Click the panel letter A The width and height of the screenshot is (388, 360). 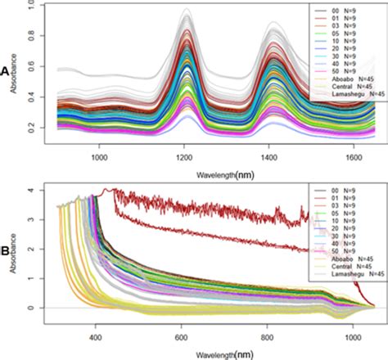6,71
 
